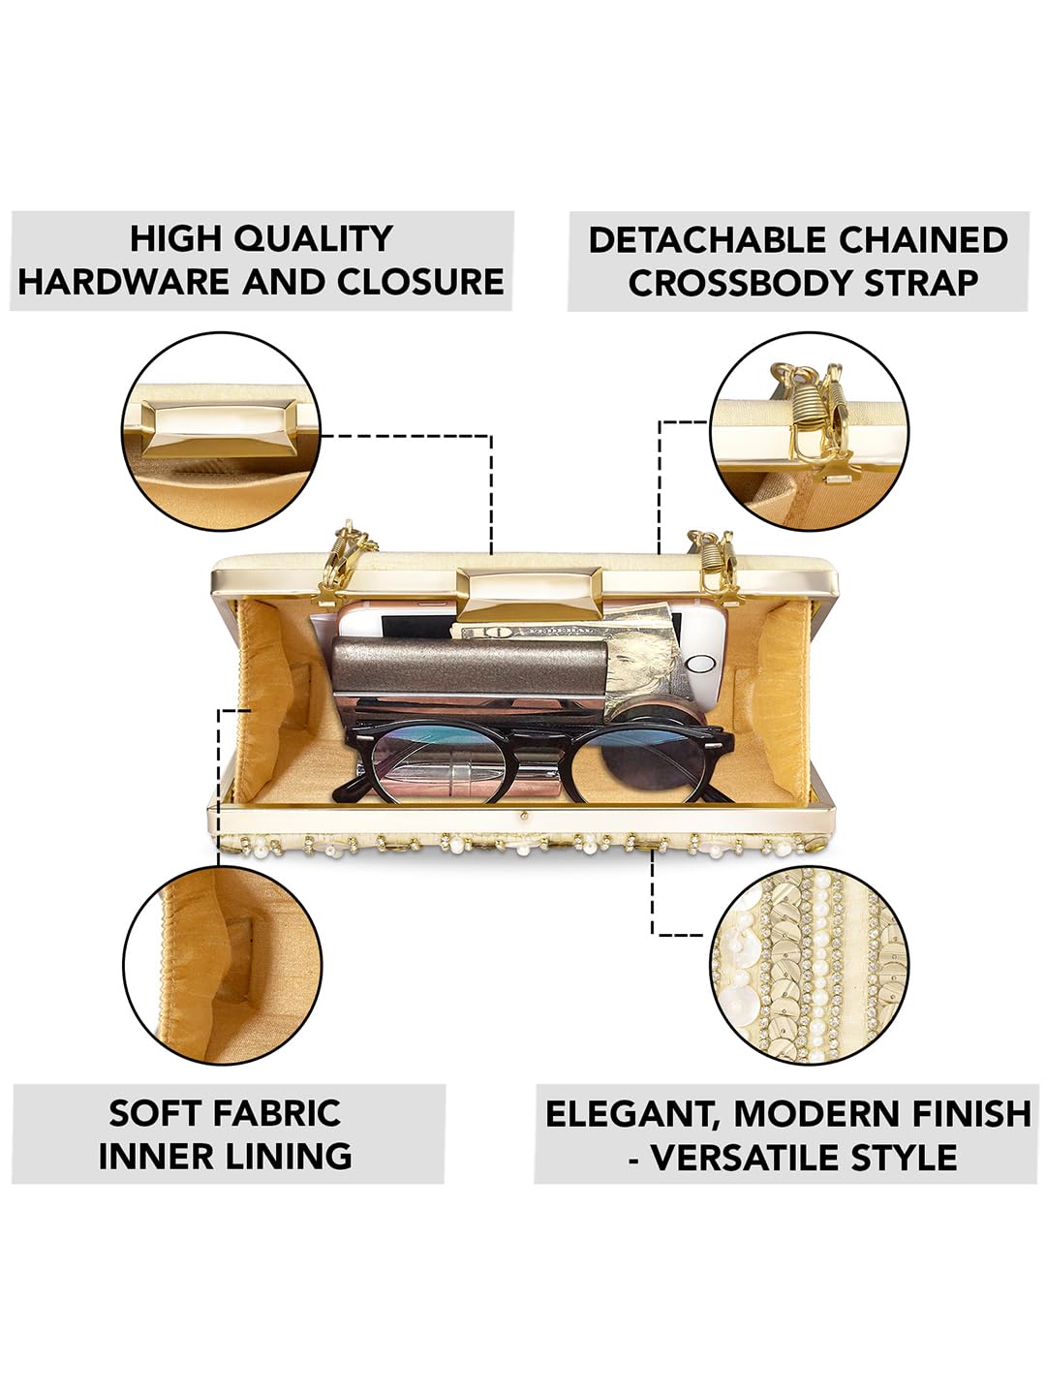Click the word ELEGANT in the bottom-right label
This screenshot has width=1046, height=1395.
(631, 1114)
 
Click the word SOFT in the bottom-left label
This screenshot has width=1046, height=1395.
(150, 1113)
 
